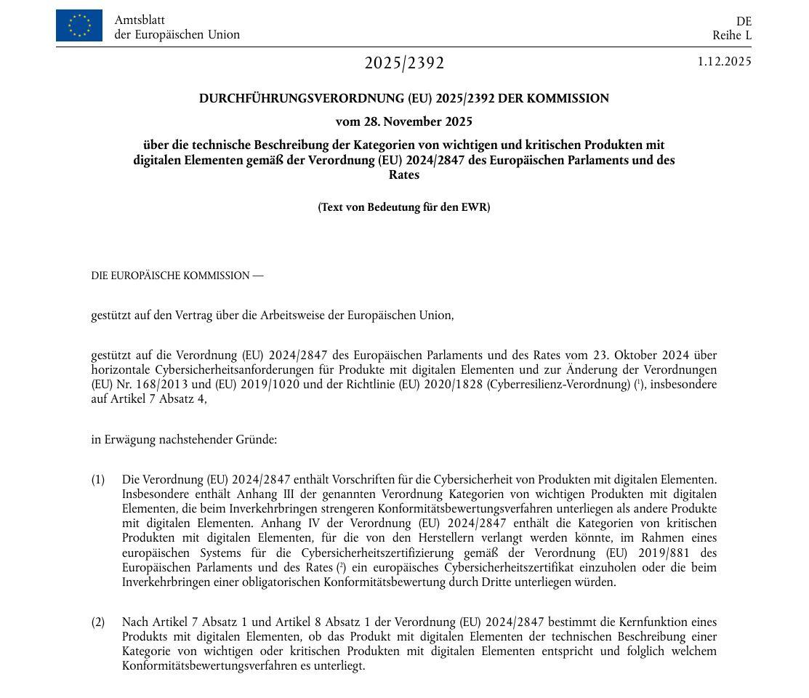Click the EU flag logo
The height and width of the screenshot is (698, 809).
[79, 25]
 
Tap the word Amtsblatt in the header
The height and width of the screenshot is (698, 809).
[140, 20]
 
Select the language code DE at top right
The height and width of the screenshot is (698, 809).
[744, 21]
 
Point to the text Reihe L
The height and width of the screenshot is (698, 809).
[732, 35]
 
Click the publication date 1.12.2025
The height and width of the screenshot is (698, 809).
[724, 61]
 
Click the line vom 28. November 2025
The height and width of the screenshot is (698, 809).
[403, 121]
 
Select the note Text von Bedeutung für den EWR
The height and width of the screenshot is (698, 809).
[403, 207]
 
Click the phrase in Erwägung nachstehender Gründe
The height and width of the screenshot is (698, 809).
[183, 440]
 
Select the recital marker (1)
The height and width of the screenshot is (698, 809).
[98, 480]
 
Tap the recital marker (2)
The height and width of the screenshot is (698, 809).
[98, 622]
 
